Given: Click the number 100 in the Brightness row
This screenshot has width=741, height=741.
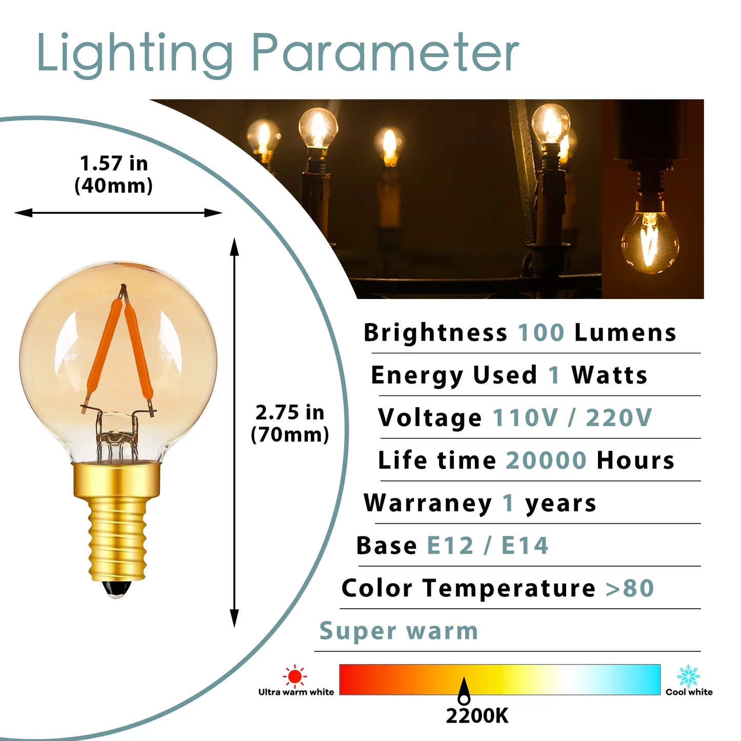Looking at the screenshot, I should click(541, 333).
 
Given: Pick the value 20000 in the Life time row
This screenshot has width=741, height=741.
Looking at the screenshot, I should click(546, 460).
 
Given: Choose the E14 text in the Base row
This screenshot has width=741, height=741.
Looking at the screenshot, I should click(525, 546).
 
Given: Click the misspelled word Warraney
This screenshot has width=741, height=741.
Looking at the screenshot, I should click(428, 503).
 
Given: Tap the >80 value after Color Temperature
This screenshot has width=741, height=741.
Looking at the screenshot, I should click(629, 588).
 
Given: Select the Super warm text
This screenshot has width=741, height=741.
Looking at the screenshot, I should click(398, 631).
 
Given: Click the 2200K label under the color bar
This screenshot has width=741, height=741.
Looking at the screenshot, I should click(477, 716).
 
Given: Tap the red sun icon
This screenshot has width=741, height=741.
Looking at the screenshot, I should click(295, 676).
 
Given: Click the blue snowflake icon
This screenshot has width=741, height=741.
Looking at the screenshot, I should click(688, 676).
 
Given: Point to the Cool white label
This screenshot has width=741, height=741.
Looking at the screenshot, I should click(689, 692).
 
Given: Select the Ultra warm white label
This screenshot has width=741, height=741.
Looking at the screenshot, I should click(296, 692).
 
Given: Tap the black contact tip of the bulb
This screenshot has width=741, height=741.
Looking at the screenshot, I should click(116, 589).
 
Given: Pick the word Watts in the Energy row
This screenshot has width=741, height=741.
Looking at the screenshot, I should click(609, 375).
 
